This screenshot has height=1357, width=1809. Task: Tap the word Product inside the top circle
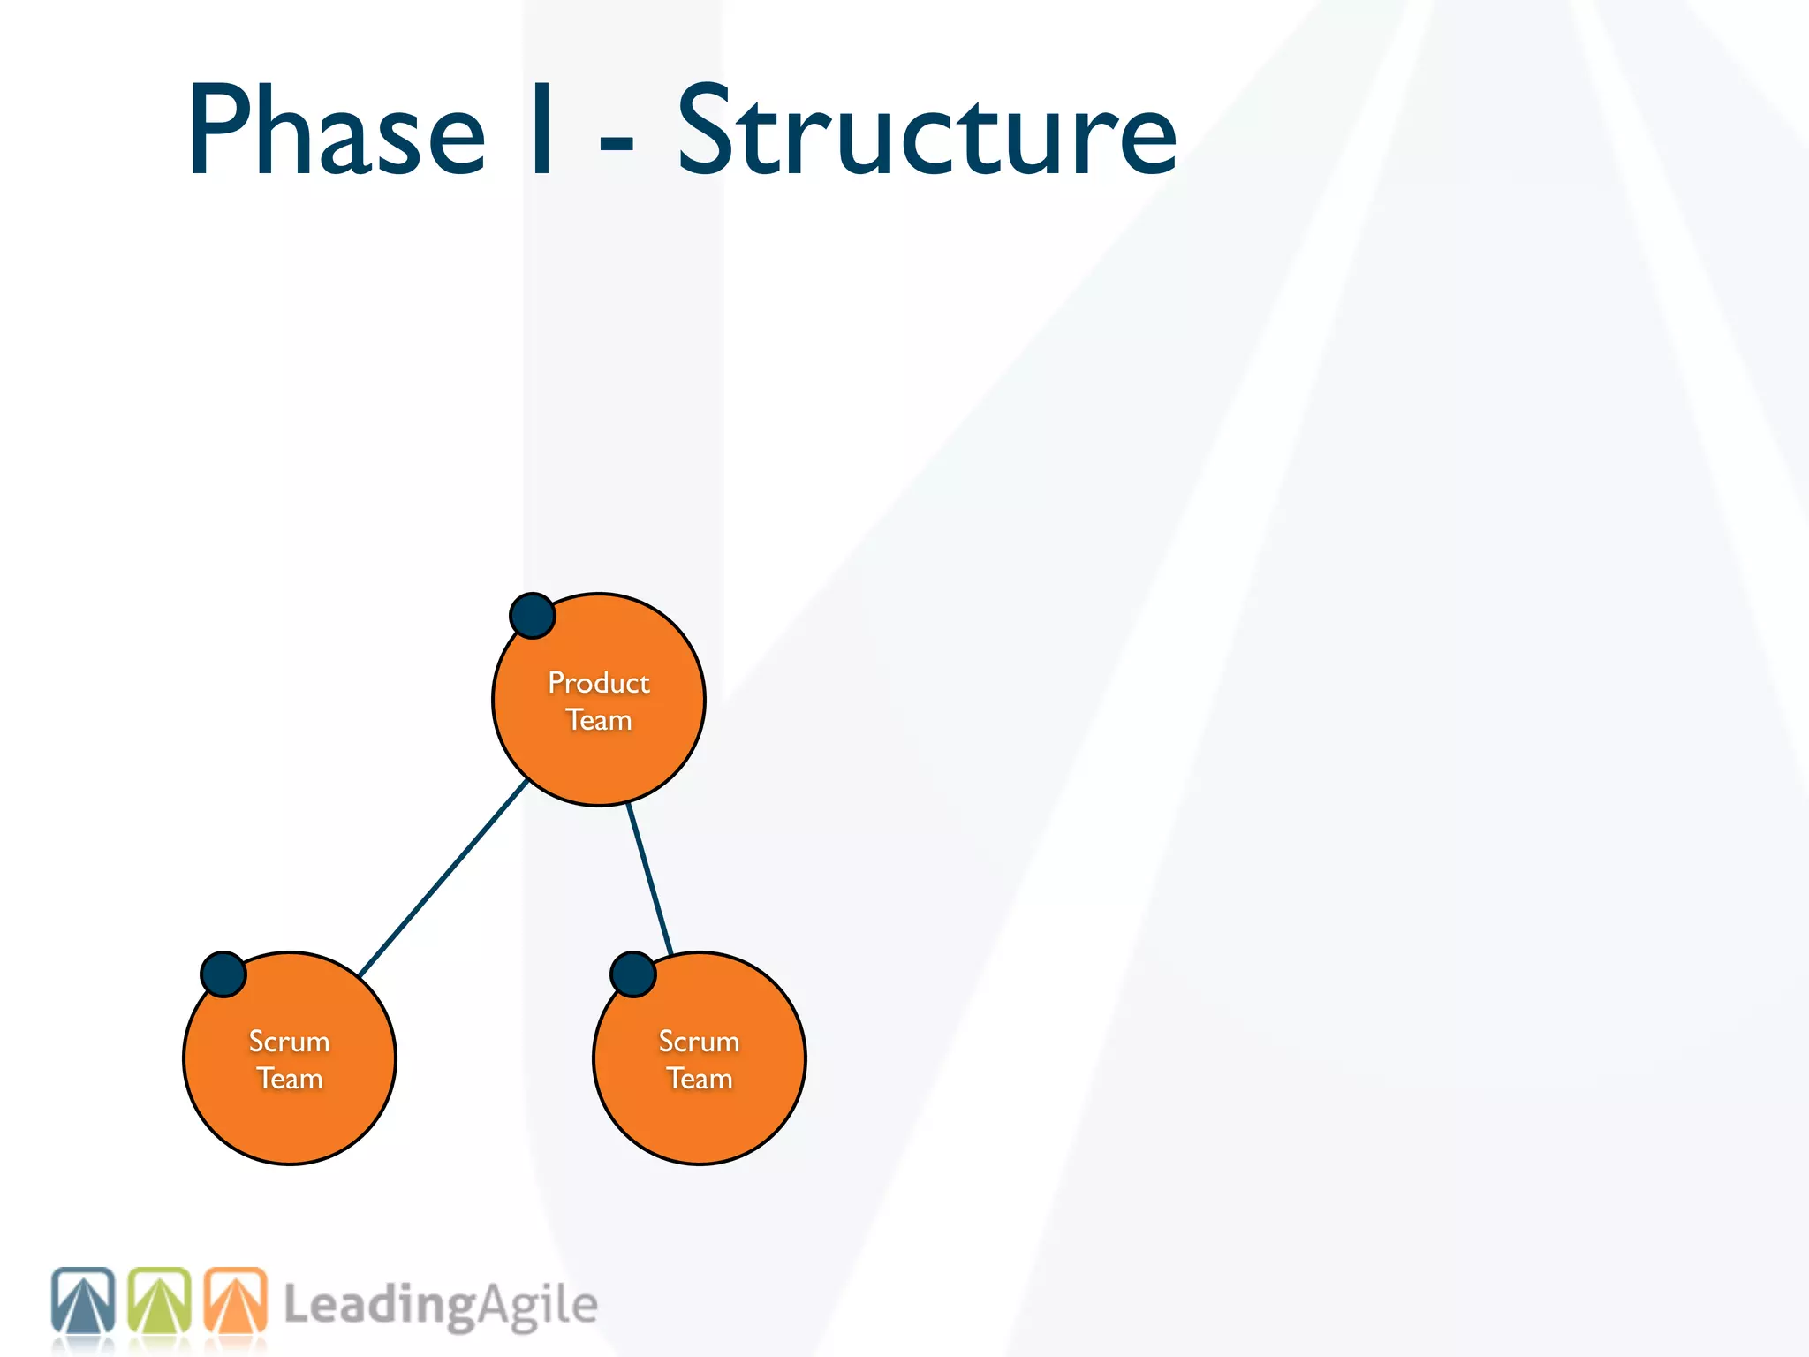coord(598,683)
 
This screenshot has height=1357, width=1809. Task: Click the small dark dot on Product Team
coord(533,616)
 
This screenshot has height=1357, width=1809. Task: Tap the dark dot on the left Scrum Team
coord(223,974)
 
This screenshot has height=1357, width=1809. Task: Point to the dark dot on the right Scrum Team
coord(633,974)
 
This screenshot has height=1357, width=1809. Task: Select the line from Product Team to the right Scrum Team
coord(650,880)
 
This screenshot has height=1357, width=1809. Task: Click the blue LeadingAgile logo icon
coord(83,1300)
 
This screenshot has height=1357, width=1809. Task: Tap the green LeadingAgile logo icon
coord(159,1300)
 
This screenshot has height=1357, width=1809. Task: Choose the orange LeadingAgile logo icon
coord(235,1300)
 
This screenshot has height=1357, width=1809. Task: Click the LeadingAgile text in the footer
coord(440,1306)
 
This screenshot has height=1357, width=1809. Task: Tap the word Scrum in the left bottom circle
coord(289,1042)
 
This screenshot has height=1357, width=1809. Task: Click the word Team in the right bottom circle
coord(699,1079)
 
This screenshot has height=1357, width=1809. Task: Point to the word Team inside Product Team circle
coord(598,720)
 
